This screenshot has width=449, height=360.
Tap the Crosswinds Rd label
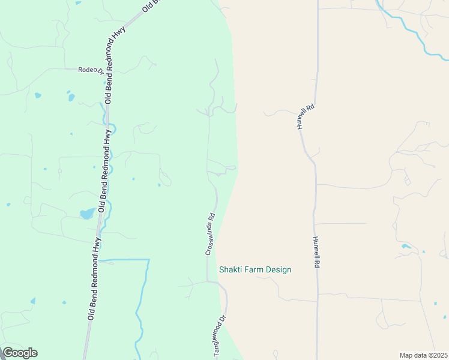(x=210, y=236)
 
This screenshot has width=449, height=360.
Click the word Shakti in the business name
(x=231, y=269)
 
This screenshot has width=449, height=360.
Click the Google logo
(x=20, y=353)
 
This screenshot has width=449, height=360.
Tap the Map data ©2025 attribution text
(x=423, y=355)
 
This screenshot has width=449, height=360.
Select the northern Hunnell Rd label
(x=305, y=116)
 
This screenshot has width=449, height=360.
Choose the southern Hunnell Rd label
(x=316, y=251)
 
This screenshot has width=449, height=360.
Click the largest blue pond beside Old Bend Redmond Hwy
(x=86, y=214)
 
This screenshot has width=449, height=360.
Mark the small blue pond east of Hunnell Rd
(x=406, y=246)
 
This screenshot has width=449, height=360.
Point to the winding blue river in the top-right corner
(x=408, y=30)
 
